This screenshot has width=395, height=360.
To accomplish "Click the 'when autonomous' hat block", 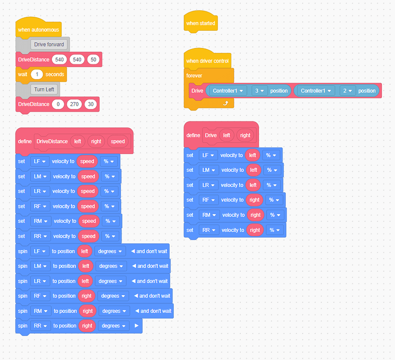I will click(x=38, y=30).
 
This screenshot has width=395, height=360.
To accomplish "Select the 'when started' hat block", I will click(x=201, y=23).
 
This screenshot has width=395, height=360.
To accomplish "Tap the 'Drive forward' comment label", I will click(x=49, y=45).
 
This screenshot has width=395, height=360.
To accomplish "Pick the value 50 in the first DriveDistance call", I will click(x=93, y=60).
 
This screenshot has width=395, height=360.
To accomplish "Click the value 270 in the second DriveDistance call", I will click(x=74, y=104).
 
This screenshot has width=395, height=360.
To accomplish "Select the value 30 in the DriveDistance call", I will click(x=90, y=104).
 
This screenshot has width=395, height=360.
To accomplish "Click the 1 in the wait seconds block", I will click(x=37, y=74).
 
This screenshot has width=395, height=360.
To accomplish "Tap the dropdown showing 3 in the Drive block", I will click(x=259, y=91).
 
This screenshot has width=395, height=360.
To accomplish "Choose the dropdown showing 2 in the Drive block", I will click(x=346, y=91).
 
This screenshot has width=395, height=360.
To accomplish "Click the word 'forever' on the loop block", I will click(x=194, y=75).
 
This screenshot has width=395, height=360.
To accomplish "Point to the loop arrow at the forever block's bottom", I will click(x=225, y=103).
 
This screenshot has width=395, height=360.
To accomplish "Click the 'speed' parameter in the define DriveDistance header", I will click(x=118, y=141).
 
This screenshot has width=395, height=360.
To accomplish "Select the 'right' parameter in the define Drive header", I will click(x=245, y=135).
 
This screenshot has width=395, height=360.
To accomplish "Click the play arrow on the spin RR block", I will click(x=136, y=326).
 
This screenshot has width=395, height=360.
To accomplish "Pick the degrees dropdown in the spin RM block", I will click(x=113, y=311).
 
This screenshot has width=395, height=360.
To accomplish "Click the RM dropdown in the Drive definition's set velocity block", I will click(x=209, y=215).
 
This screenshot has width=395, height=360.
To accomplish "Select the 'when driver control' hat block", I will click(x=208, y=61).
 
